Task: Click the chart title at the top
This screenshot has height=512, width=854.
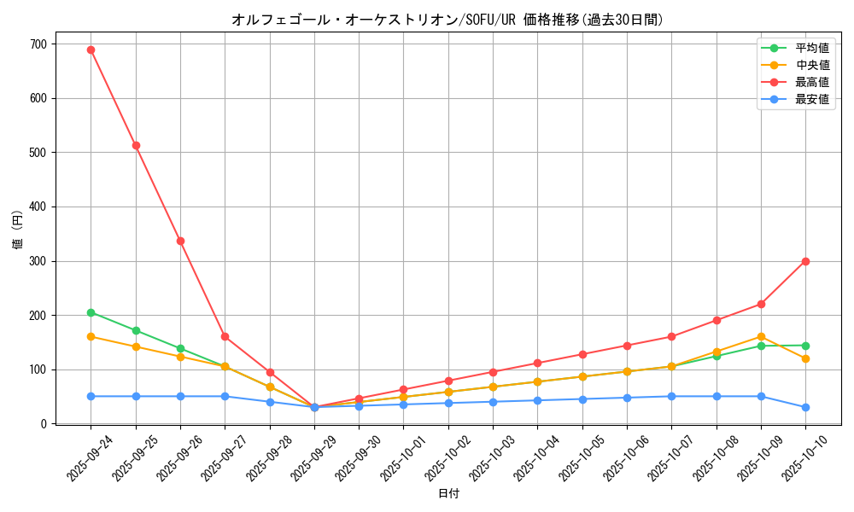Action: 447,20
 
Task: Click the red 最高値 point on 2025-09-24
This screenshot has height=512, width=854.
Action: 91,49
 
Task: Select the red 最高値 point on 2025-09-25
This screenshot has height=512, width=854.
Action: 136,145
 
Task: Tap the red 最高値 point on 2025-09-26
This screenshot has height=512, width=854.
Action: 180,241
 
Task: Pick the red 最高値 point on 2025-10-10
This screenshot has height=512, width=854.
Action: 805,261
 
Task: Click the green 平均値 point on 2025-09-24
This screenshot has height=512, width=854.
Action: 91,312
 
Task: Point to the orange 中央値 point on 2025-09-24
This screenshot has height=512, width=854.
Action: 91,336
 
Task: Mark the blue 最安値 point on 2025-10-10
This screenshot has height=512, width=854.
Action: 805,407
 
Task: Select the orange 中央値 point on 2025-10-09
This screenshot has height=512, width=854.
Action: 761,336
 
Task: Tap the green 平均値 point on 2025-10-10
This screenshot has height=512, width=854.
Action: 805,346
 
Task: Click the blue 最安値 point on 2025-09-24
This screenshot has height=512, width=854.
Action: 91,396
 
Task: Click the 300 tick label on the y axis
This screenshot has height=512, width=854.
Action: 38,261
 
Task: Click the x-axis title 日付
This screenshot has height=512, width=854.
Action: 448,494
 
